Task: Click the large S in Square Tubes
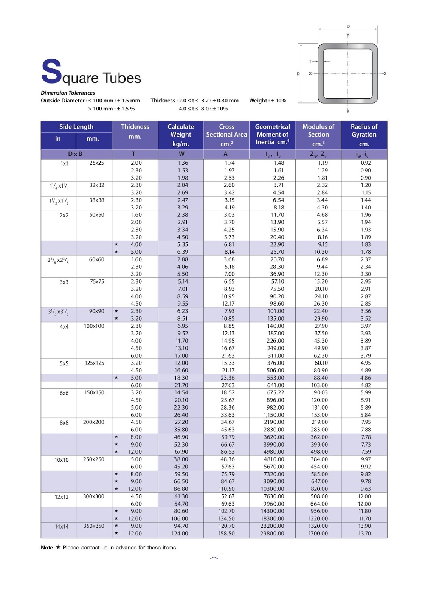[51, 71]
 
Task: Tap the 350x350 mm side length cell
[94, 526]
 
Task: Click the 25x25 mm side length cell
[97, 163]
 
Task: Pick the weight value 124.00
[180, 534]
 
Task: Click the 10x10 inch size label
[61, 460]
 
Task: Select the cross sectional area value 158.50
[226, 534]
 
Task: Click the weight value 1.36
[183, 163]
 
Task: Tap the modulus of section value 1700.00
[318, 534]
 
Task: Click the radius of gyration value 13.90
[364, 526]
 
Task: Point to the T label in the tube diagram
[310, 61]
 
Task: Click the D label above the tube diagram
[348, 26]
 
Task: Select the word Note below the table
[47, 548]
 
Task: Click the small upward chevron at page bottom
[214, 558]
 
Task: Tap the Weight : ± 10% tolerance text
[268, 101]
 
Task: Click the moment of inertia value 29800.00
[272, 534]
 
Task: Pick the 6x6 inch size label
[64, 393]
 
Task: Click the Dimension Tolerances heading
[68, 93]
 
